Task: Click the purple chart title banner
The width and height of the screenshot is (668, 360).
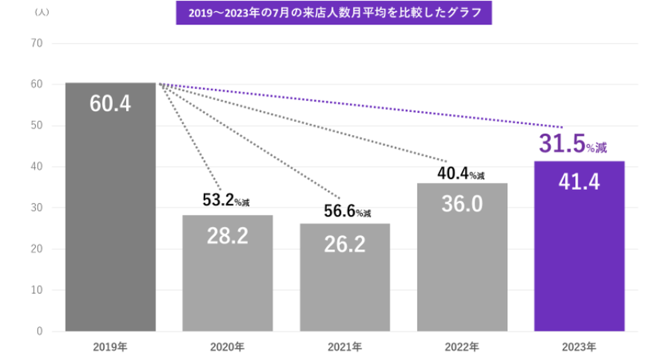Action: pyautogui.click(x=334, y=13)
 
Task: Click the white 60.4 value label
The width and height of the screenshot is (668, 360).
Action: pyautogui.click(x=110, y=104)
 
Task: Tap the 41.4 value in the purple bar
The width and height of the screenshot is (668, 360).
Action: pyautogui.click(x=579, y=182)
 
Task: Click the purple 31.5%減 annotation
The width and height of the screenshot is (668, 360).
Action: pyautogui.click(x=573, y=145)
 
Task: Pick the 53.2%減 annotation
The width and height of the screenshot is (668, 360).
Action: pyautogui.click(x=226, y=200)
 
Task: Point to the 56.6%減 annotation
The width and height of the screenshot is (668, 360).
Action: pyautogui.click(x=347, y=211)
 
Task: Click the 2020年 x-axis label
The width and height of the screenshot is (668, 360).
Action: pyautogui.click(x=227, y=347)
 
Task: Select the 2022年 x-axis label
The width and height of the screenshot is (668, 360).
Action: pyautogui.click(x=462, y=347)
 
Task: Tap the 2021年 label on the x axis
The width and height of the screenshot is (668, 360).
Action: pyautogui.click(x=345, y=347)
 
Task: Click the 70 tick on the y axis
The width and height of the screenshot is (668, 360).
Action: pyautogui.click(x=37, y=44)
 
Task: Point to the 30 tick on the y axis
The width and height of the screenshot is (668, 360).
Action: pyautogui.click(x=37, y=208)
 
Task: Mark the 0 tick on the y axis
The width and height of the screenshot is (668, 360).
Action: pyautogui.click(x=39, y=331)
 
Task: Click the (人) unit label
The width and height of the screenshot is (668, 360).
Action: pyautogui.click(x=42, y=13)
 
